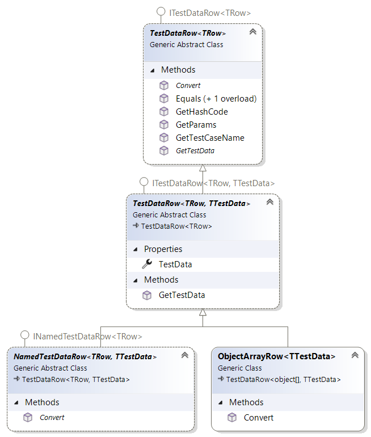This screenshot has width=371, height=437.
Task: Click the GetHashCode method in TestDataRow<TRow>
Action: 201,112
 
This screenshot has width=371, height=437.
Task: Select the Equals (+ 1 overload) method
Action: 216,99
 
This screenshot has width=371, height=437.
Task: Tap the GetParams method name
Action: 196,125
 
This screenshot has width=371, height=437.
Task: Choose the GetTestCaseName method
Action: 210,137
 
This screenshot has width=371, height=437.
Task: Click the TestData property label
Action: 175,264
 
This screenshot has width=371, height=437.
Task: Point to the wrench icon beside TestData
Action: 147,264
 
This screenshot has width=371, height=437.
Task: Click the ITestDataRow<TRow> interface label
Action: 209,12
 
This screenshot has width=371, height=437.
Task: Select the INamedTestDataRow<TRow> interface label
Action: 87,336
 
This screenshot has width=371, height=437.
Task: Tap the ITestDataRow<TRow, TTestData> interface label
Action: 213,183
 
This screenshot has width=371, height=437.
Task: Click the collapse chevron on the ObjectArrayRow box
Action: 355,355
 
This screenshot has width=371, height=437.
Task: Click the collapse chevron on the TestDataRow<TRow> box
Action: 253,32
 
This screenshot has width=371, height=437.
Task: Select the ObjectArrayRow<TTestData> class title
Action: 277,356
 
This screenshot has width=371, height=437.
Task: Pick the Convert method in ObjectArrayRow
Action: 259,418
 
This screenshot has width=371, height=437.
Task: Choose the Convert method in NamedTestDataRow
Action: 52,418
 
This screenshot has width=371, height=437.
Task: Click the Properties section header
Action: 163,249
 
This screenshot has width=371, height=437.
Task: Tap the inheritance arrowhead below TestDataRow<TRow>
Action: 203,168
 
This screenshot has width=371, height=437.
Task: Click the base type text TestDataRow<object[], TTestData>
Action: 284,379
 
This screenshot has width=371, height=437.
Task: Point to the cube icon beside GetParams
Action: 164,125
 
